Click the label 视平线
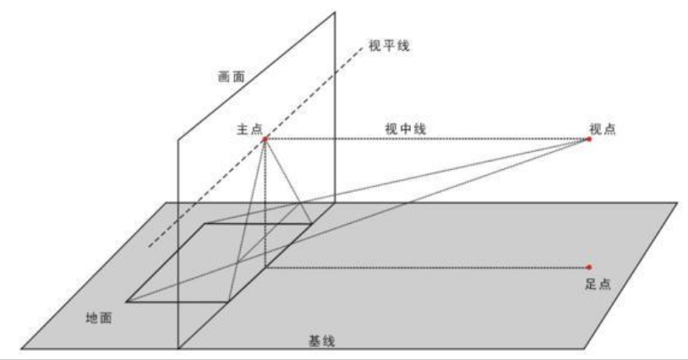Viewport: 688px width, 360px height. click(x=390, y=46)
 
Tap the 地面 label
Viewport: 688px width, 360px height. click(x=101, y=318)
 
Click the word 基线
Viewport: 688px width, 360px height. click(x=319, y=341)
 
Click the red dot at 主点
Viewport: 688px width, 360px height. click(x=265, y=139)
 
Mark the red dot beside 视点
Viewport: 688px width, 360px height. click(x=588, y=139)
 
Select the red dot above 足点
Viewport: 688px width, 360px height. click(x=588, y=267)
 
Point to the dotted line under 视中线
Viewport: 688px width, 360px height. click(x=423, y=139)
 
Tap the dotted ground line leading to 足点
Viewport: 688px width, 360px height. click(x=423, y=267)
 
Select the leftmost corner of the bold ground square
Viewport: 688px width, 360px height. click(x=127, y=300)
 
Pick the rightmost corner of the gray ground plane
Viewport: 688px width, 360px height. click(x=678, y=203)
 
